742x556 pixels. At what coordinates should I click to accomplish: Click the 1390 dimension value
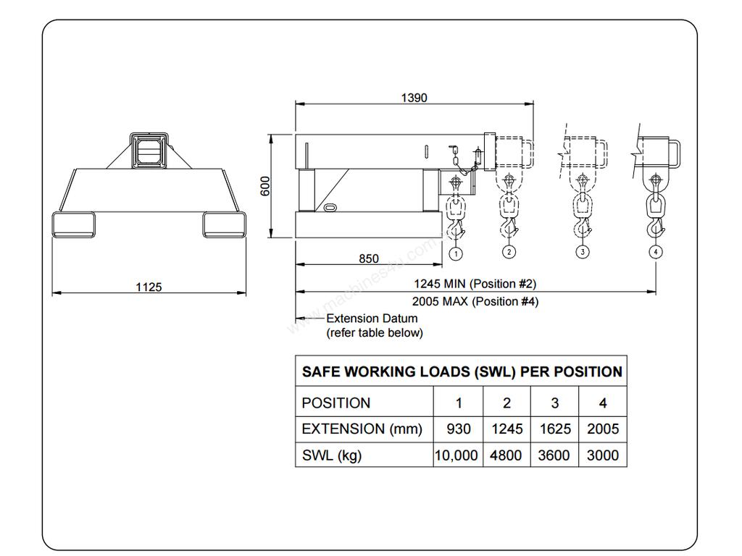[x=414, y=98]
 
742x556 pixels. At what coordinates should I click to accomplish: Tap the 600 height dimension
[x=266, y=185]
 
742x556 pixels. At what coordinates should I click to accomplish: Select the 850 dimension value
[x=368, y=258]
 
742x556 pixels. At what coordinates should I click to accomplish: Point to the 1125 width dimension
[x=149, y=287]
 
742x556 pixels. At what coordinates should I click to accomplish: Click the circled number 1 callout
[x=456, y=253]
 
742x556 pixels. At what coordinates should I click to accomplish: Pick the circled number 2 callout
[x=509, y=252]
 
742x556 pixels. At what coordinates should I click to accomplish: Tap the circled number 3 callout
[x=583, y=252]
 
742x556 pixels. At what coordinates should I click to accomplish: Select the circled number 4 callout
[x=656, y=252]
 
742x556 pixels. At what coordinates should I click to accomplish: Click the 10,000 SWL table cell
[x=457, y=455]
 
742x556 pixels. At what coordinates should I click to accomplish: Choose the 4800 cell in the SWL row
[x=507, y=455]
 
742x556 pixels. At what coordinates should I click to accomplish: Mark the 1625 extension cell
[x=554, y=429]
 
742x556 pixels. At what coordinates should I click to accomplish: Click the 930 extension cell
[x=458, y=429]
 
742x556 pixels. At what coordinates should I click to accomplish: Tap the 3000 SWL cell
[x=603, y=455]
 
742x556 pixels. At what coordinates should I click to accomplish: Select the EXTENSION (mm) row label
[x=362, y=429]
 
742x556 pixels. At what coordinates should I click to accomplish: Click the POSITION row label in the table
[x=335, y=403]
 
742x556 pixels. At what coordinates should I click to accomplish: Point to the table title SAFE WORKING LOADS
[x=462, y=372]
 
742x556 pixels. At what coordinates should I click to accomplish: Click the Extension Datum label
[x=372, y=319]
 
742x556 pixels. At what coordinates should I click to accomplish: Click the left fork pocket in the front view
[x=73, y=224]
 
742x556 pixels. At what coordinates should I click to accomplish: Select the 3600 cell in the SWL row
[x=554, y=455]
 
